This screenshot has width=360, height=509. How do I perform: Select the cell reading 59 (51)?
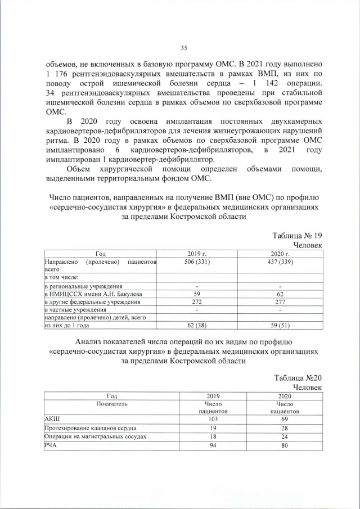point(280,325)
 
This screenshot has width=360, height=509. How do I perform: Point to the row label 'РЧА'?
point(51,445)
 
